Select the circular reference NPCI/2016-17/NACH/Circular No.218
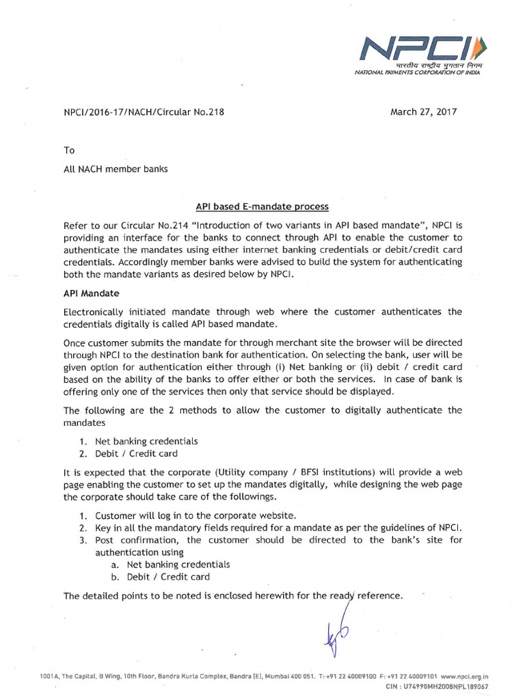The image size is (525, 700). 144,111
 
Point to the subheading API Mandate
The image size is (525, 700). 91,293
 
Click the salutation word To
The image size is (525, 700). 69,150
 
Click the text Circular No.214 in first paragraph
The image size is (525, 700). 155,225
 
